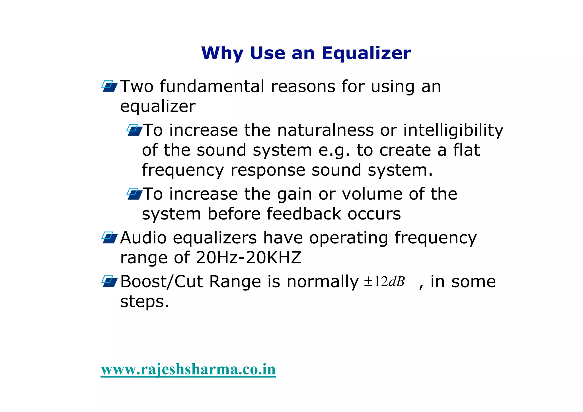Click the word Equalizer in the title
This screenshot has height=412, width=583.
click(366, 53)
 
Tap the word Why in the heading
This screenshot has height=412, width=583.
click(222, 53)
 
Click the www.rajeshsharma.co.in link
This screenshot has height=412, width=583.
click(188, 370)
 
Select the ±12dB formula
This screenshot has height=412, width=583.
click(384, 282)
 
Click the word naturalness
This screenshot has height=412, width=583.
click(325, 130)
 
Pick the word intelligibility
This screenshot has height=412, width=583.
click(453, 131)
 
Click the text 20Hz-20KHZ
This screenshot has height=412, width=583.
click(249, 258)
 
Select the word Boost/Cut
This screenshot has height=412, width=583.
click(161, 282)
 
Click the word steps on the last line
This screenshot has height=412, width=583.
click(144, 302)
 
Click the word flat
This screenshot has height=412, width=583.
click(466, 150)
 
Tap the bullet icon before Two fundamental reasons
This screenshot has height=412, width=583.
click(109, 86)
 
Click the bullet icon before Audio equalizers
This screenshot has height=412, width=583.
click(109, 238)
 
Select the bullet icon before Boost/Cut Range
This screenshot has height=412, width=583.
click(109, 282)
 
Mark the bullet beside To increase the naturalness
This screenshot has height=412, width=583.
click(134, 130)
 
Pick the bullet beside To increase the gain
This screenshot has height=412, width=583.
click(134, 194)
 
